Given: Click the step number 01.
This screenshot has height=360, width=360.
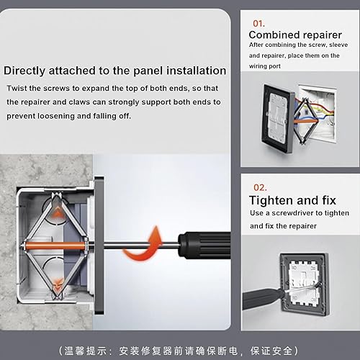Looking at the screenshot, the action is (x=258, y=24).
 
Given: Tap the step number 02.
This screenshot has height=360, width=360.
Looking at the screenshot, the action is (x=260, y=187).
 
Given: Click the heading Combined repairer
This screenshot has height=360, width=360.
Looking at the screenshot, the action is (x=295, y=35).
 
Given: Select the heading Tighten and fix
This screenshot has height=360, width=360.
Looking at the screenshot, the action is (x=292, y=200).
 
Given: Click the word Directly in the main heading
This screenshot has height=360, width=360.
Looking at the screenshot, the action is (x=24, y=71).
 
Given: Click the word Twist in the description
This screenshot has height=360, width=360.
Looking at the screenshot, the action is (x=17, y=88).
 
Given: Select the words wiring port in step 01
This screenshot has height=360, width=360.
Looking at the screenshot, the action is (x=265, y=66).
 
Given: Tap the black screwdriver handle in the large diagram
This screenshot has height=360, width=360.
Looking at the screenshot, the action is (x=204, y=245).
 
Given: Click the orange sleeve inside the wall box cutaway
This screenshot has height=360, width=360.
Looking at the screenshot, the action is (x=55, y=246).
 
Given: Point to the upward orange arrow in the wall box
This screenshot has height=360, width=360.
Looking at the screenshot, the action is (x=57, y=213).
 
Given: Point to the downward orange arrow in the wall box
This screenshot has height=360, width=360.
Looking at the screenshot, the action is (x=58, y=283).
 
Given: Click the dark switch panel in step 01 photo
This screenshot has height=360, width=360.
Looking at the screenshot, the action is (x=278, y=119).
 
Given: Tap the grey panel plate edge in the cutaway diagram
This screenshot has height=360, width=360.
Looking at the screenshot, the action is (x=99, y=246).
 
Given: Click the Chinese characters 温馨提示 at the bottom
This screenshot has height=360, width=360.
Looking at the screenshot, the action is (x=85, y=351).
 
